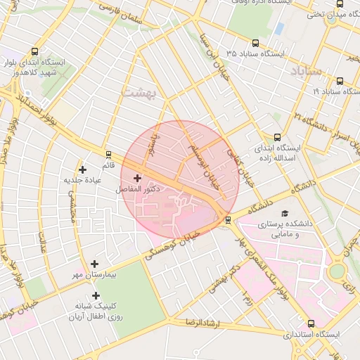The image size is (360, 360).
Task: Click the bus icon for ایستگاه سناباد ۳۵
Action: tap(231, 53)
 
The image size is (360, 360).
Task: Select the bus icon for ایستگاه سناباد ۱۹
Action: tap(340, 81)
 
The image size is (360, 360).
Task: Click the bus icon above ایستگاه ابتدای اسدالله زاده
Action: tap(277, 138)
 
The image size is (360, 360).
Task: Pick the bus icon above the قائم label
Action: tap(108, 155)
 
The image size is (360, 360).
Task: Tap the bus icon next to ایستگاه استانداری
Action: tap(311, 323)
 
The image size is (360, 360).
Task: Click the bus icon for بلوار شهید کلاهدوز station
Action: tap(35, 51)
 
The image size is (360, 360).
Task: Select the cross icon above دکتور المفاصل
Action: tap(137, 178)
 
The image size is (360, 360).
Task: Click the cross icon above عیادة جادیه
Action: tap(83, 169)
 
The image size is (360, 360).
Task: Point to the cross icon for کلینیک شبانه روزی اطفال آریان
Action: tap(96, 295)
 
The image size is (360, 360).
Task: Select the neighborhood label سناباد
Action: tap(305, 71)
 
